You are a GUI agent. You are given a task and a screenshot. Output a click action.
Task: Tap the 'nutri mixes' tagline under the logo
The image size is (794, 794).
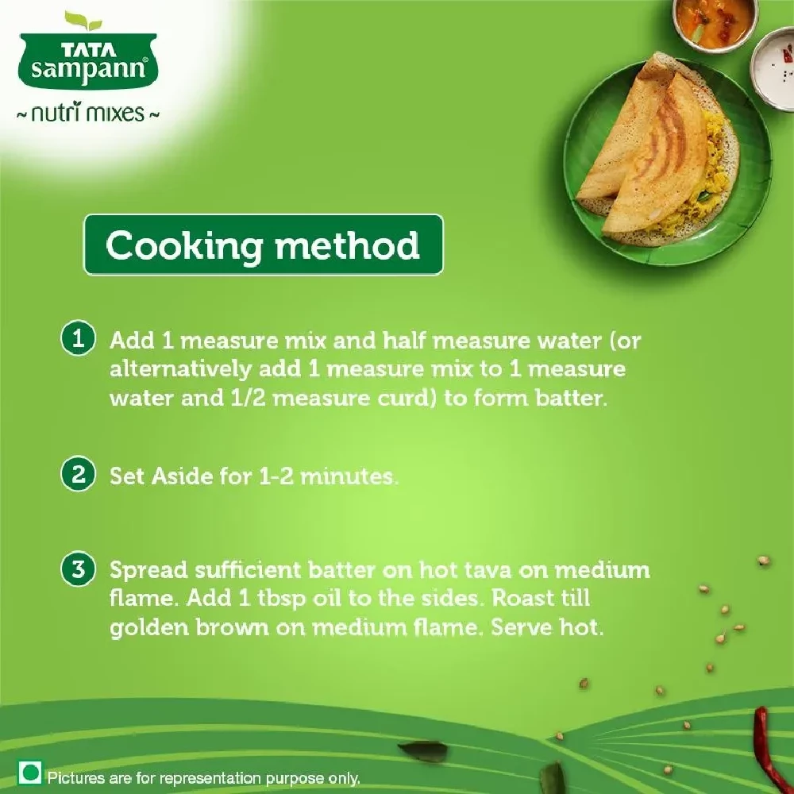point(88,113)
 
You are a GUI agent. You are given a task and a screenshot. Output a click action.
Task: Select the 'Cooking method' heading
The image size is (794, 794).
point(263,245)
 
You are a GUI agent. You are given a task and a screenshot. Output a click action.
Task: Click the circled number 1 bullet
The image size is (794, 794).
point(78,340)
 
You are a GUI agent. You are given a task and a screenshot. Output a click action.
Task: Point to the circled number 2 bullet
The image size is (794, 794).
point(78,476)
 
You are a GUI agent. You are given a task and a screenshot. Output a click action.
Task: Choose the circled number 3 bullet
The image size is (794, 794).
point(78,569)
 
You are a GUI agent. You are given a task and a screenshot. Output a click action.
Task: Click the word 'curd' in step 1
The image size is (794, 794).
point(403,398)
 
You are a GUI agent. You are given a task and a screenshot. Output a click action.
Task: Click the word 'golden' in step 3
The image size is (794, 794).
point(147,627)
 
